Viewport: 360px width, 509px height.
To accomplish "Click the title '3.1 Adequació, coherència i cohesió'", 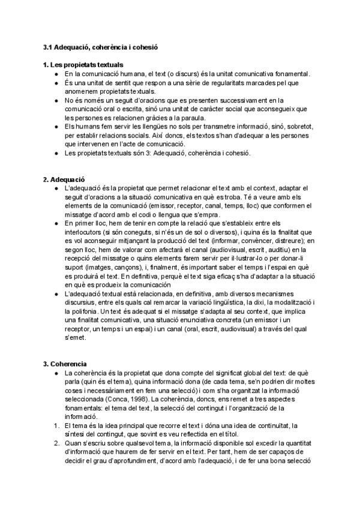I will coord(100,46).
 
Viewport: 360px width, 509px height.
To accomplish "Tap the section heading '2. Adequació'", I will coord(64,180).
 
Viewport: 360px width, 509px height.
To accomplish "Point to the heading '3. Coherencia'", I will coord(65,364).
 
